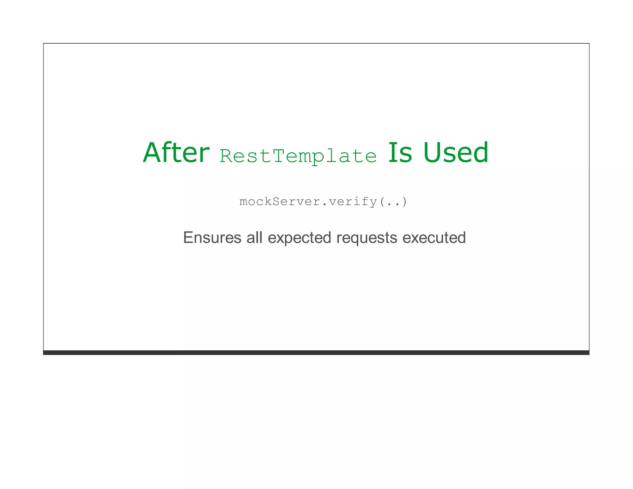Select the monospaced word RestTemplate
point(298,156)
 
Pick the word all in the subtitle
point(254,238)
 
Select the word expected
point(299,238)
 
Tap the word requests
point(367,238)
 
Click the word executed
point(434,238)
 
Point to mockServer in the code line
point(280,202)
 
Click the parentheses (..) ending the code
point(393,202)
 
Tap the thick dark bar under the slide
point(316,353)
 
